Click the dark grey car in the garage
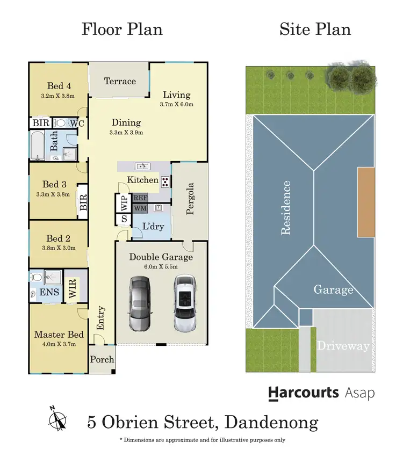pyautogui.click(x=139, y=303)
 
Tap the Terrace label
pyautogui.click(x=120, y=81)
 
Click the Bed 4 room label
pyautogui.click(x=59, y=86)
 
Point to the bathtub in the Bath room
pyautogui.click(x=37, y=146)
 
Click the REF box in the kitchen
pyautogui.click(x=140, y=198)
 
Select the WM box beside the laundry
pyautogui.click(x=140, y=208)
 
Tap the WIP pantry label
pyautogui.click(x=124, y=203)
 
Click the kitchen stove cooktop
pyautogui.click(x=165, y=182)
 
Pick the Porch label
pyautogui.click(x=102, y=359)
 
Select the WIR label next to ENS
pyautogui.click(x=73, y=287)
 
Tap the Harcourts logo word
pyautogui.click(x=304, y=393)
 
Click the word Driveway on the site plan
pyautogui.click(x=343, y=345)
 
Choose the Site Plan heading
pyautogui.click(x=315, y=29)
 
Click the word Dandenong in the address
pyautogui.click(x=271, y=422)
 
